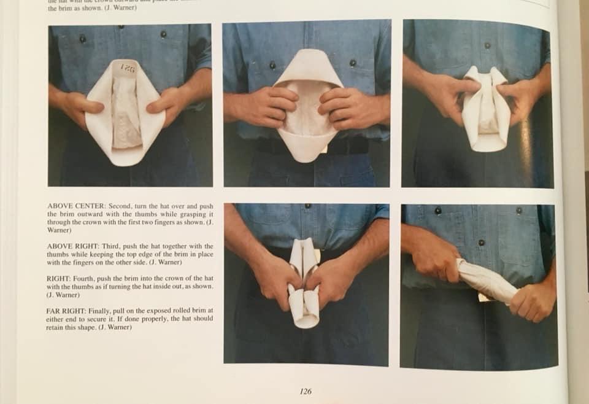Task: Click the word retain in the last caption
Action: pos(58,327)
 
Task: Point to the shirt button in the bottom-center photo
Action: pos(307,206)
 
